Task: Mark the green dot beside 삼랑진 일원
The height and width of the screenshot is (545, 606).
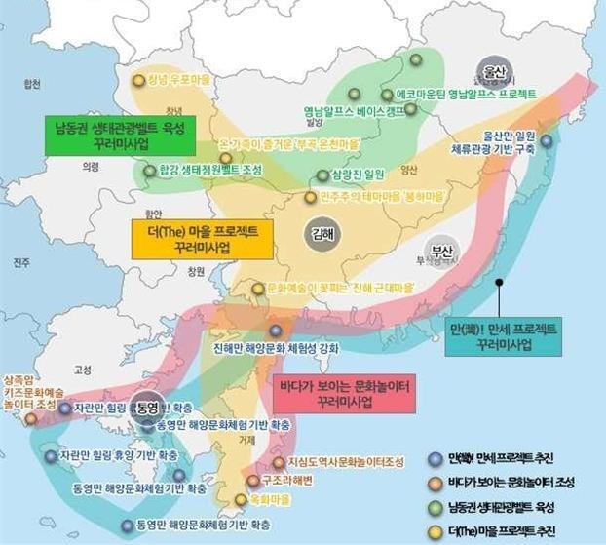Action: click(322, 175)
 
